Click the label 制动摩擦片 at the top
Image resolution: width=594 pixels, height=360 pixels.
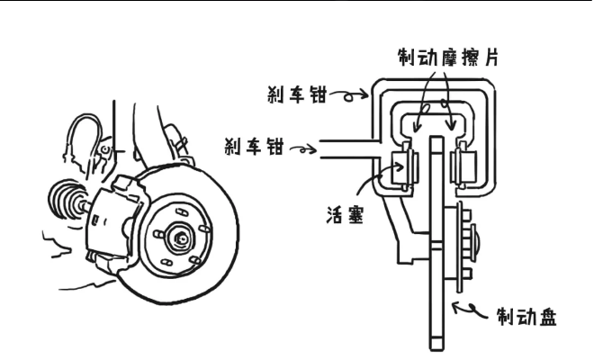click(x=447, y=58)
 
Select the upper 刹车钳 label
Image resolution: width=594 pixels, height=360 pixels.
click(x=296, y=94)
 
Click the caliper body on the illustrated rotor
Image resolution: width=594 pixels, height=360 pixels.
click(x=112, y=216)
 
